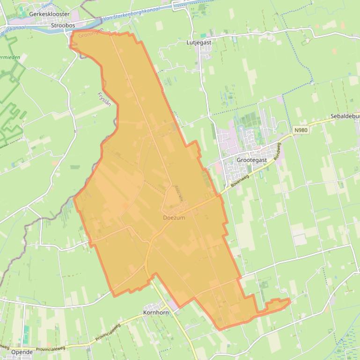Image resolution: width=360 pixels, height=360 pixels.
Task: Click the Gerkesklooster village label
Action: [49, 14]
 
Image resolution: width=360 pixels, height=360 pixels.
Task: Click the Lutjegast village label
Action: [199, 43]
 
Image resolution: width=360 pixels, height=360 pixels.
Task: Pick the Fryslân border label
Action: [104, 99]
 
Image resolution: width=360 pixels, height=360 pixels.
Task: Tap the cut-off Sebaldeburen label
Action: [345, 116]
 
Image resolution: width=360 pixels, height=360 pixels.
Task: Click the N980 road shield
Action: [301, 130]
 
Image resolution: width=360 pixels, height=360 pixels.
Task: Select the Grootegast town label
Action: [252, 160]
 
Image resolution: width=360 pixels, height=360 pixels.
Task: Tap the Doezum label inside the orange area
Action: [174, 218]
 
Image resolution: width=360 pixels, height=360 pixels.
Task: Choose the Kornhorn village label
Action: [156, 312]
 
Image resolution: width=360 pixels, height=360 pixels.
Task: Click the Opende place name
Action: [22, 352]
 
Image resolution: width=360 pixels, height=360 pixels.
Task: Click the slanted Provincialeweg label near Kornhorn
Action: [108, 332]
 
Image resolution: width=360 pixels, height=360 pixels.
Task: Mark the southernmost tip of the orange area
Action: [219, 329]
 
